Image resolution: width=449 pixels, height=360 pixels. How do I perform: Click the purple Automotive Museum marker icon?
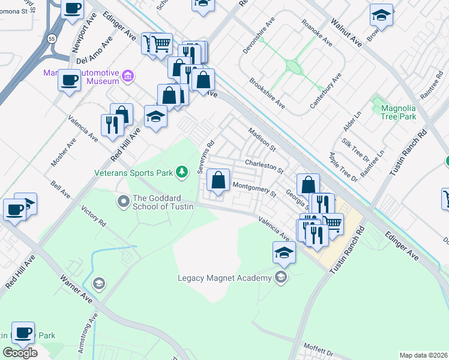coord(127,76)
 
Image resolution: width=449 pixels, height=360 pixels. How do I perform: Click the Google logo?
coord(20,353)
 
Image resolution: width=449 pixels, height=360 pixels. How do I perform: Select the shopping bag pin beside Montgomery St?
coord(218,181)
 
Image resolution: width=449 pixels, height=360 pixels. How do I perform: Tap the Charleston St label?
coord(264,166)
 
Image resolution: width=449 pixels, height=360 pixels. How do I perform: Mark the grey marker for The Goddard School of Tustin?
coord(124,201)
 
